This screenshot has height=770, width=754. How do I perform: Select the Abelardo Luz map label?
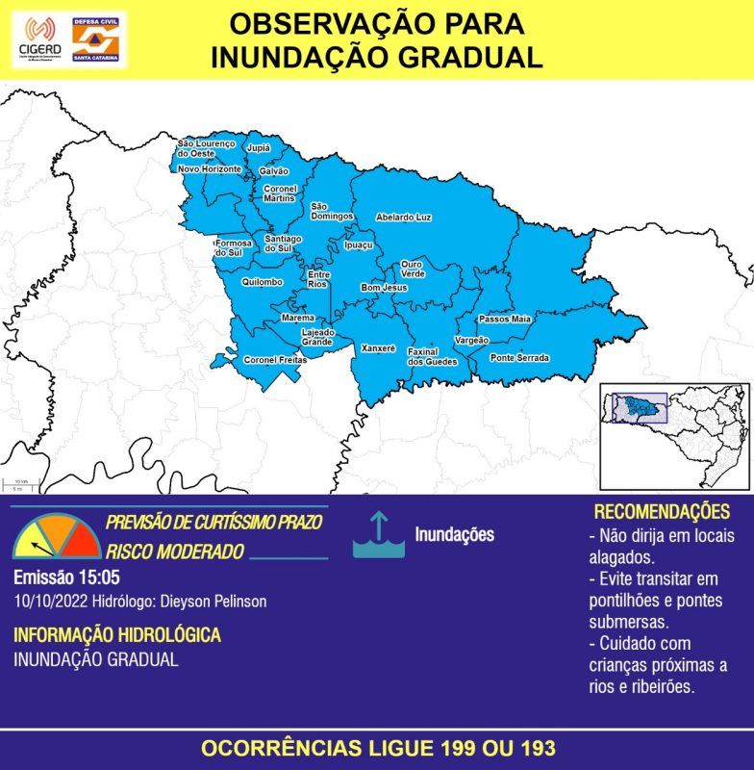pos(402,218)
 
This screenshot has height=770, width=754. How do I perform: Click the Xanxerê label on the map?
pos(378,347)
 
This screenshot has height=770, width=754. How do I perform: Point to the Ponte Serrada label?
pos(520,358)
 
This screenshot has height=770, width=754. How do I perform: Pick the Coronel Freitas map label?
pos(274,360)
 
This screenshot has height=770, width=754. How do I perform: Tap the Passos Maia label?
pos(505,319)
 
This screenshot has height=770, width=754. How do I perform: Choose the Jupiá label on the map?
pos(258,148)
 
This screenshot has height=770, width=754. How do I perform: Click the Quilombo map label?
pos(263,282)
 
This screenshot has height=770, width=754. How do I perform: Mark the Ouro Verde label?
pos(413,269)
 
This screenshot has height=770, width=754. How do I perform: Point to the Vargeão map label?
pos(471,341)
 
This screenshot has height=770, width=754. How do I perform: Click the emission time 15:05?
pos(99,578)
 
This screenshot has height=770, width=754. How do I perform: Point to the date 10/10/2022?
pos(49,601)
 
